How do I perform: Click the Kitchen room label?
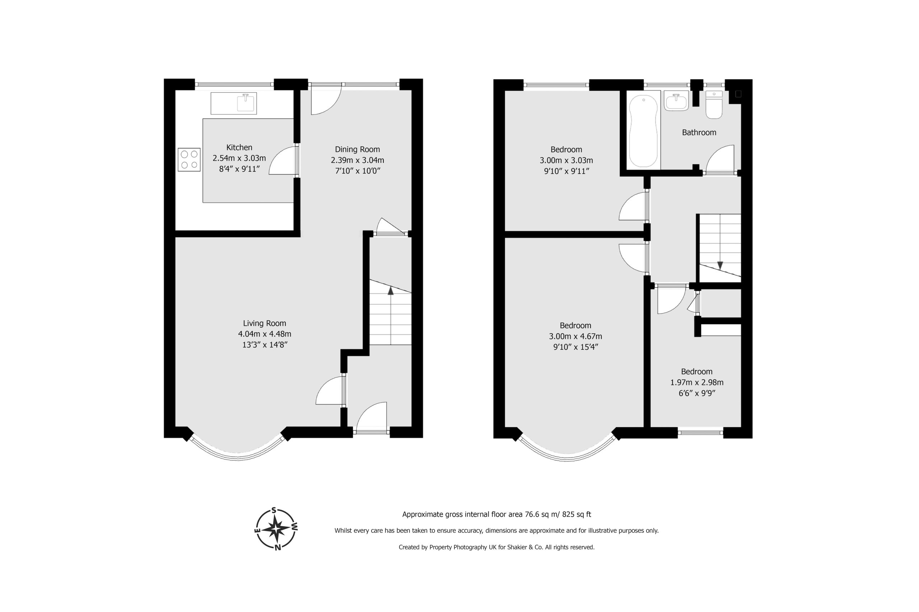pyautogui.click(x=239, y=147)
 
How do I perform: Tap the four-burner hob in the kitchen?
pyautogui.click(x=189, y=160)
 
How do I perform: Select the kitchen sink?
pyautogui.click(x=234, y=103)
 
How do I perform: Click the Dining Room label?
pyautogui.click(x=357, y=149)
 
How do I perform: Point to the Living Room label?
pyautogui.click(x=265, y=323)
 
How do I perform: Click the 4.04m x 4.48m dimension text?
pyautogui.click(x=265, y=334)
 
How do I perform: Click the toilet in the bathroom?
pyautogui.click(x=714, y=105)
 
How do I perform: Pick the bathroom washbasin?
pyautogui.click(x=676, y=102)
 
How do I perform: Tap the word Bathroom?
pyautogui.click(x=699, y=132)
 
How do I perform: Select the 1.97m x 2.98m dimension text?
pyautogui.click(x=696, y=382)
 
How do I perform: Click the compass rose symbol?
pyautogui.click(x=276, y=529)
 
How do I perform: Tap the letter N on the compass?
pyautogui.click(x=278, y=547)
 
